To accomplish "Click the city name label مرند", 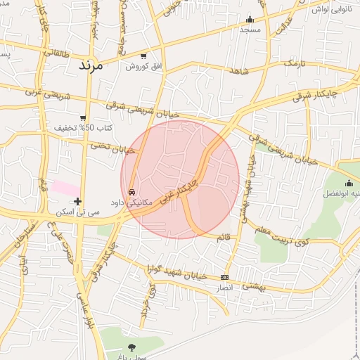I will coord(87,65).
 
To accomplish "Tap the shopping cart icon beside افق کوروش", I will coord(143,56).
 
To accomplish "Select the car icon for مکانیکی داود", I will coord(131,191).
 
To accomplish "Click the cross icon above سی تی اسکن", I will coord(77,201).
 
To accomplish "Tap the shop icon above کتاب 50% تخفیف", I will coord(84,117).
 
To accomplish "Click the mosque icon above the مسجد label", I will coord(250,19).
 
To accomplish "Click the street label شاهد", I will coord(239,71).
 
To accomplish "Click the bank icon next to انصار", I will coord(224,277).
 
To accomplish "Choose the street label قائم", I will coord(224,238).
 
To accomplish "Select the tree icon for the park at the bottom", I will coord(131,347).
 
